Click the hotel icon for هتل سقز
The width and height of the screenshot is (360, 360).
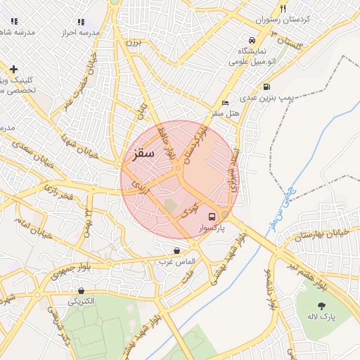point(225,103)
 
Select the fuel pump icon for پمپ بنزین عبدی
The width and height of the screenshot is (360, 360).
point(266,87)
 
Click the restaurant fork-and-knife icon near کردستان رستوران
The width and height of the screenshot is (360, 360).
point(283,9)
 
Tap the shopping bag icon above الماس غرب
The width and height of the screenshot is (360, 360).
point(176,250)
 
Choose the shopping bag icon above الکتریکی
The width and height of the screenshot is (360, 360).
point(82,290)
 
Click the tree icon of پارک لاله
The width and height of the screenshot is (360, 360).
point(322,306)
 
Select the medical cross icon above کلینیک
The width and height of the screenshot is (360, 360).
point(14,69)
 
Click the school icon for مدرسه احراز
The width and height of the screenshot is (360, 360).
point(81,22)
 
